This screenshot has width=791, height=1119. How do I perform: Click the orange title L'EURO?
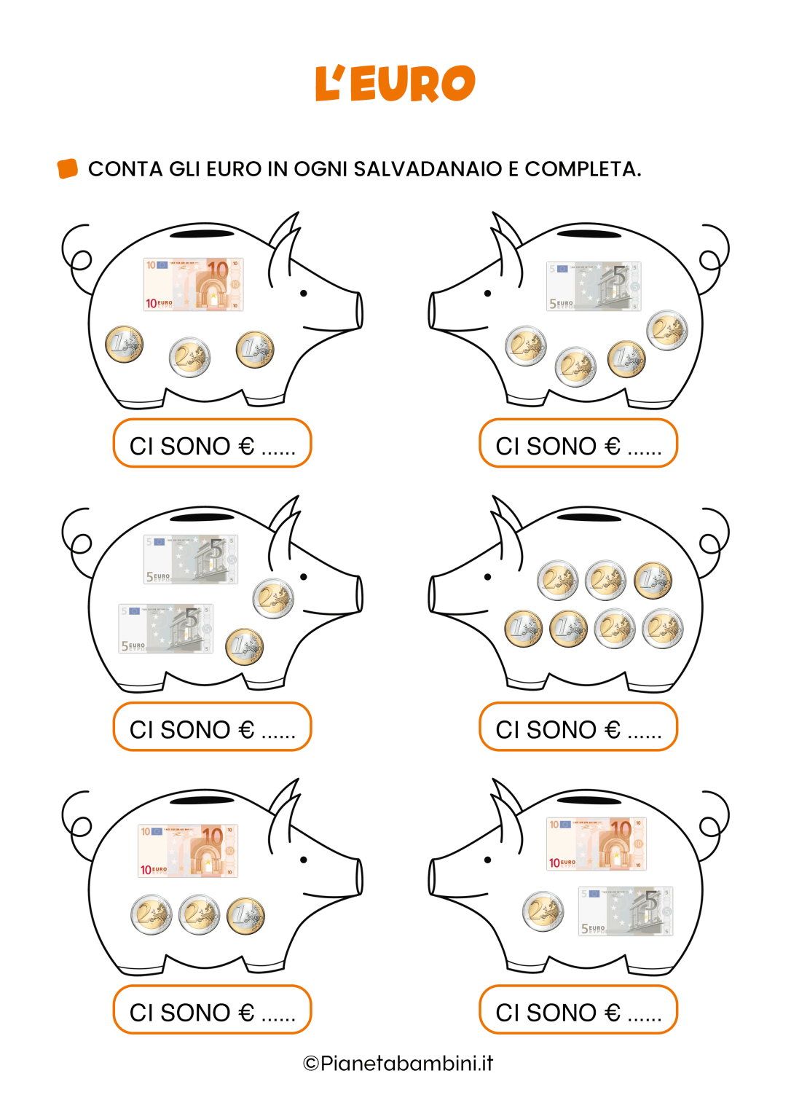click(395, 84)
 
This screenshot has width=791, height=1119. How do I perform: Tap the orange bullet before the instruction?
click(68, 168)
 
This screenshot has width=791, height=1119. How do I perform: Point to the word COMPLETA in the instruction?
click(582, 169)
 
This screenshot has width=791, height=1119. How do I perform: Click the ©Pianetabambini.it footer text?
click(398, 1063)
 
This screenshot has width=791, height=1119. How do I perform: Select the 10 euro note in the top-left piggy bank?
click(193, 284)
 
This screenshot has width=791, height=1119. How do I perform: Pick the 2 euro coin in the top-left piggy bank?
click(189, 357)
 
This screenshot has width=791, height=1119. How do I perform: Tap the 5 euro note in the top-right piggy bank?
click(594, 286)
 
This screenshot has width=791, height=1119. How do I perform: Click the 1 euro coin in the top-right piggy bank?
click(626, 358)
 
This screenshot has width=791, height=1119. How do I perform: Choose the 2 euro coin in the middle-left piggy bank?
click(273, 598)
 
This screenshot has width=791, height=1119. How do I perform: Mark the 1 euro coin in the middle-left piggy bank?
click(244, 647)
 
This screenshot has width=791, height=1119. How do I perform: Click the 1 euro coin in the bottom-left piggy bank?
click(245, 916)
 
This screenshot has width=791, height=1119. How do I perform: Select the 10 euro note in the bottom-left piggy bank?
click(188, 851)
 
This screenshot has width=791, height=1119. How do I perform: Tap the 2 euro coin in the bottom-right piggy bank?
click(543, 911)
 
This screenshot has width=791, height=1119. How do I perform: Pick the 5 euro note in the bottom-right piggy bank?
click(626, 911)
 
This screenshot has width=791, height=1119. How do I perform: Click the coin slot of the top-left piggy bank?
click(202, 234)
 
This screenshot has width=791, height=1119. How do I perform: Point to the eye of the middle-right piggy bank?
click(488, 577)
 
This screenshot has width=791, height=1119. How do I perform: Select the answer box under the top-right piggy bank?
click(578, 443)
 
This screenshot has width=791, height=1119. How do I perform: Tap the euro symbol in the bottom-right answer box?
click(613, 1013)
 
